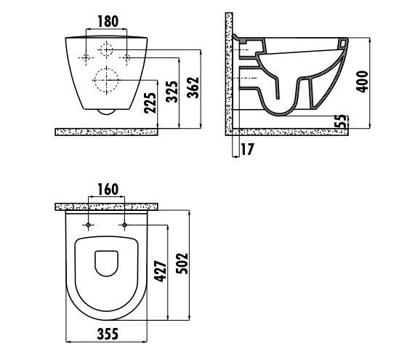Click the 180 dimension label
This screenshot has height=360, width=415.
tap(108, 21)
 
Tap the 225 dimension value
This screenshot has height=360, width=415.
tap(150, 103)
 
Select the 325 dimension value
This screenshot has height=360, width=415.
tap(172, 92)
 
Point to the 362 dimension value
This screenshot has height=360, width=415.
tap(193, 87)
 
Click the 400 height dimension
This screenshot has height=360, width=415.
tap(362, 81)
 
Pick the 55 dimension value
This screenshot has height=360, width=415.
tap(340, 121)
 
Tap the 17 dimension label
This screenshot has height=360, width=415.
tap(247, 149)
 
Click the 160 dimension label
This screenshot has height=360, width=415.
tap(108, 190)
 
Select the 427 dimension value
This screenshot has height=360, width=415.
tap(161, 271)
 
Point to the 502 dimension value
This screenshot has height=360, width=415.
tap(182, 263)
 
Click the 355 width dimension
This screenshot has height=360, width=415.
tap(108, 334)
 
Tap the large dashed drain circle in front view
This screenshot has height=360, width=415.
tap(106, 80)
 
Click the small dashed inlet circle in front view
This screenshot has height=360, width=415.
tap(106, 49)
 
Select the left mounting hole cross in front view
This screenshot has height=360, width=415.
tap(86, 57)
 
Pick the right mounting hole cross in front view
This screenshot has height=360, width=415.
tap(126, 57)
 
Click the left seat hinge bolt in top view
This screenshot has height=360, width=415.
tap(89, 225)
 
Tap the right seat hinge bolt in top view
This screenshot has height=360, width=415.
tap(125, 225)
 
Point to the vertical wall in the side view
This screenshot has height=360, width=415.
tap(229, 74)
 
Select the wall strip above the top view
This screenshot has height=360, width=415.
tap(106, 207)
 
